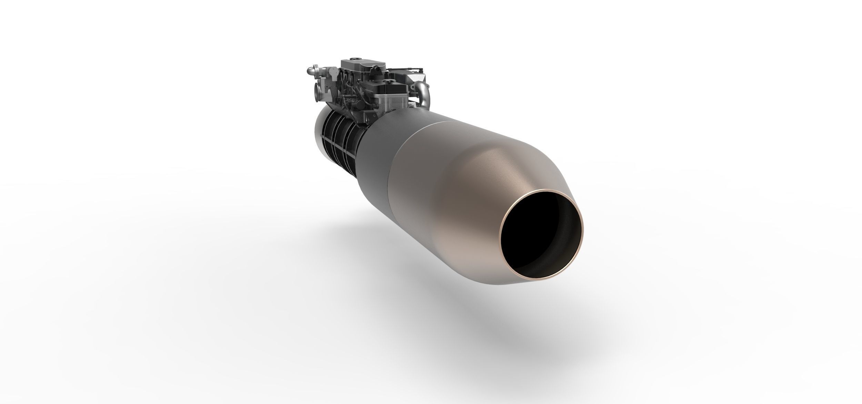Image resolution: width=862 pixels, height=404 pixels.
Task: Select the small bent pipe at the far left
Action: point(311,71)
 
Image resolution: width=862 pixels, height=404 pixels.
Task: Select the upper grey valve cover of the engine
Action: point(359,65)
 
